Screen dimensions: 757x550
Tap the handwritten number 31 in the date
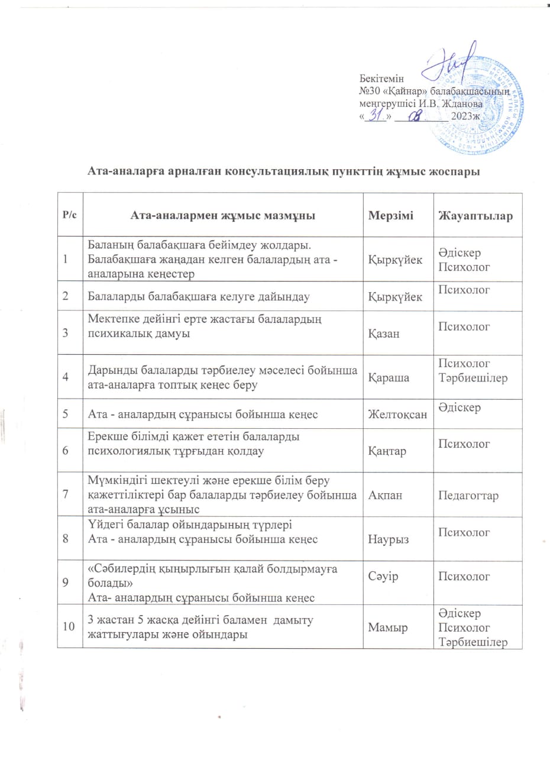pyautogui.click(x=377, y=115)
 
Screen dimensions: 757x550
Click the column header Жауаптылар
pyautogui.click(x=475, y=215)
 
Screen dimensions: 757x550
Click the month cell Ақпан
pyautogui.click(x=384, y=495)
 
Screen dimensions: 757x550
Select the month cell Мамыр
pyautogui.click(x=387, y=627)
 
